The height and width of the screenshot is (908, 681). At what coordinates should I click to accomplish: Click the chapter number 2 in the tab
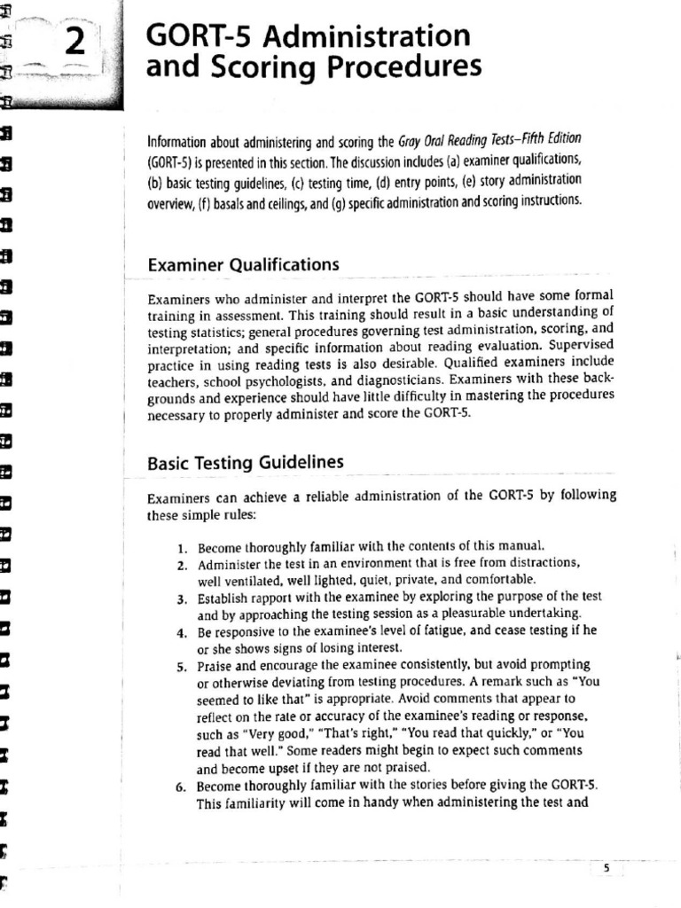pyautogui.click(x=75, y=43)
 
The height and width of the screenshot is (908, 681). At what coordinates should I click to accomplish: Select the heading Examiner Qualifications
pyautogui.click(x=243, y=264)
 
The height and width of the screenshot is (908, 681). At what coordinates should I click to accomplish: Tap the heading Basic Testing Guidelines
pyautogui.click(x=246, y=463)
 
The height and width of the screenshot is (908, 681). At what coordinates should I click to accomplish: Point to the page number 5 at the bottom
pyautogui.click(x=607, y=869)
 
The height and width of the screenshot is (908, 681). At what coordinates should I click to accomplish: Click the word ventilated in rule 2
pyautogui.click(x=257, y=581)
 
